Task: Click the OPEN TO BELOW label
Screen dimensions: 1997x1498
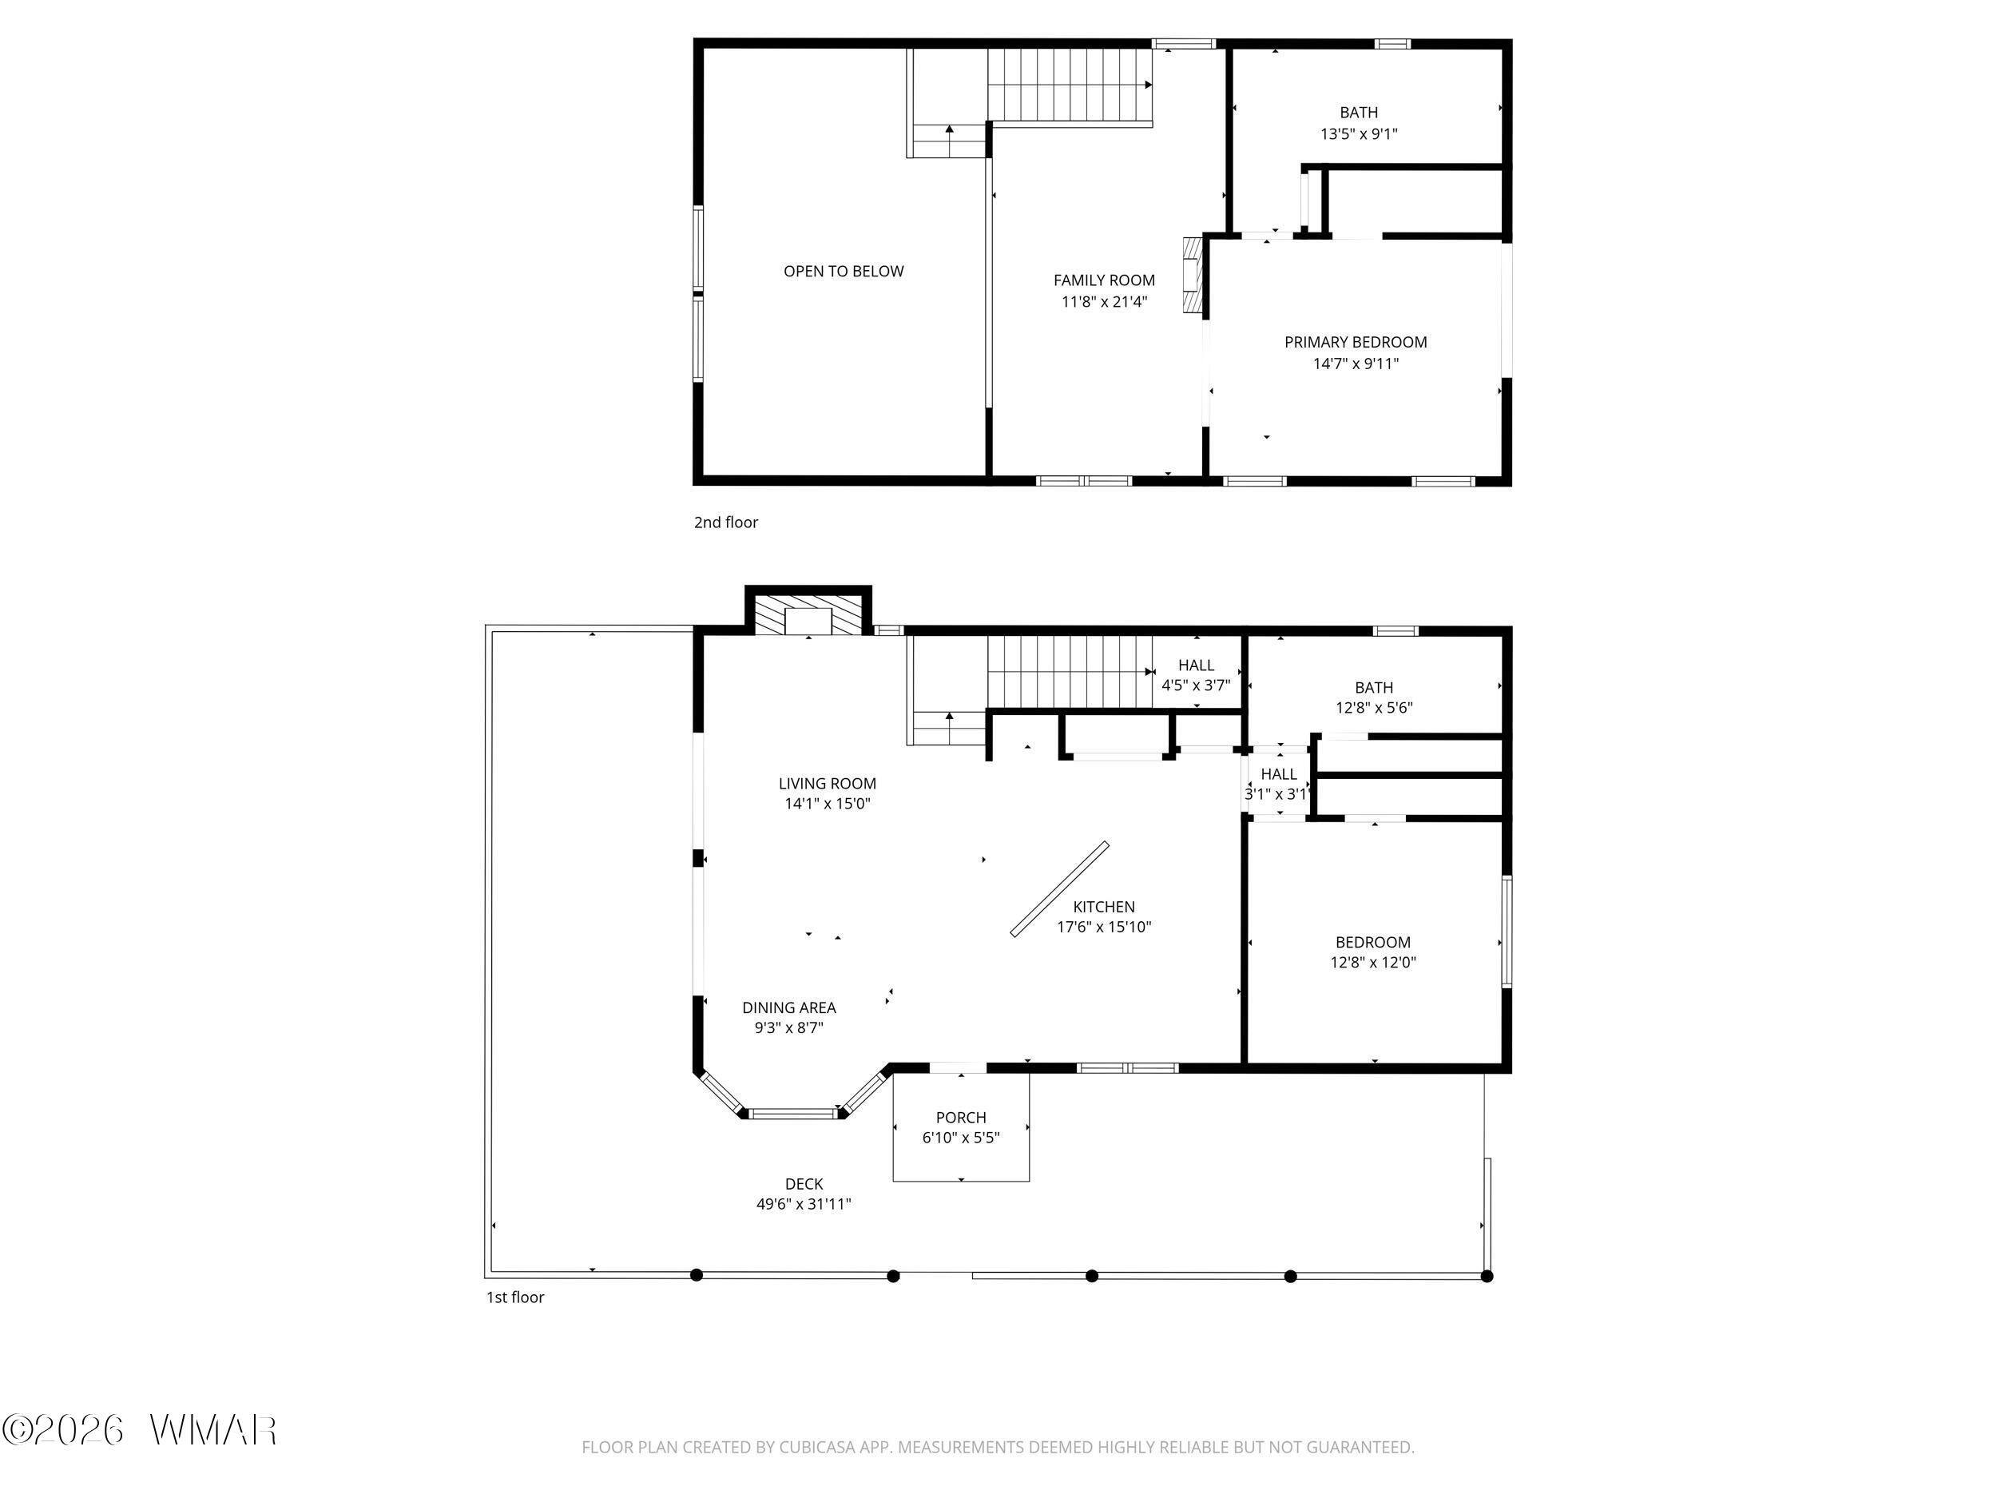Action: pyautogui.click(x=844, y=271)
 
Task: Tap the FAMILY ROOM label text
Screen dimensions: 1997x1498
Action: pyautogui.click(x=1104, y=280)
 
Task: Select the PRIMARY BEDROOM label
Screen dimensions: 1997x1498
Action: pyautogui.click(x=1355, y=342)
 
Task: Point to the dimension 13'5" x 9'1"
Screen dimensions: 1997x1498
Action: pyautogui.click(x=1359, y=133)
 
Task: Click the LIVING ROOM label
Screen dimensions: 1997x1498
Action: pyautogui.click(x=827, y=784)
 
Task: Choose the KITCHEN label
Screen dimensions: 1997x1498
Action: pyautogui.click(x=1103, y=907)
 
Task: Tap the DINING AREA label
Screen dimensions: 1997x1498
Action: pyautogui.click(x=789, y=1007)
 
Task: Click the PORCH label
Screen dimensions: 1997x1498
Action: pyautogui.click(x=961, y=1118)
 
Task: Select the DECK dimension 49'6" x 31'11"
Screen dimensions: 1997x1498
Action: pyautogui.click(x=804, y=1204)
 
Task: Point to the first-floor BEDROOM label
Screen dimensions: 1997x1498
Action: pyautogui.click(x=1372, y=943)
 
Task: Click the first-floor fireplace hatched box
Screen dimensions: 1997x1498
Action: pyautogui.click(x=808, y=616)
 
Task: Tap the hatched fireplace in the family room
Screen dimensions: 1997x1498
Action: pyautogui.click(x=1193, y=276)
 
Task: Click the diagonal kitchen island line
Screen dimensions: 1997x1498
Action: pyautogui.click(x=1059, y=889)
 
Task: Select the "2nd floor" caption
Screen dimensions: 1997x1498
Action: pyautogui.click(x=726, y=522)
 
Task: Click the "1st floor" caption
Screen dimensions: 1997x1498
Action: pyautogui.click(x=515, y=1297)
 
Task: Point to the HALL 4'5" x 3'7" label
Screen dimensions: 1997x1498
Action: pyautogui.click(x=1195, y=675)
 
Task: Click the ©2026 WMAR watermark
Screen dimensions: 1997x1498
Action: pyautogui.click(x=140, y=1430)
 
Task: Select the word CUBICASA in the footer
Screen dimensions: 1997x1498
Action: pyautogui.click(x=817, y=1448)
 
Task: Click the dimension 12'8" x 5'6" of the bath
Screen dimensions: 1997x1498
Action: pyautogui.click(x=1374, y=708)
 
